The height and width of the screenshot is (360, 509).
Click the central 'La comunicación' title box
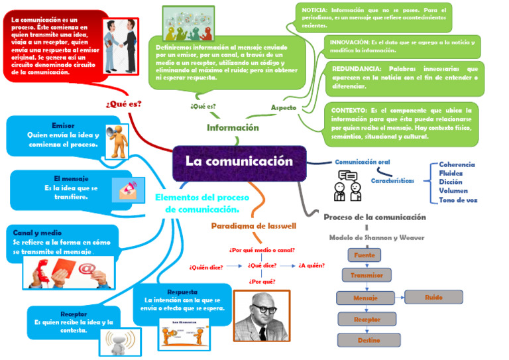(x=239, y=162)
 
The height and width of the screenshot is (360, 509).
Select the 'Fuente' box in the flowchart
(x=365, y=255)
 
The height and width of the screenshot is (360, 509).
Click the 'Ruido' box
(x=434, y=298)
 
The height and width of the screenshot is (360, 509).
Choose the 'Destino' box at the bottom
(x=369, y=340)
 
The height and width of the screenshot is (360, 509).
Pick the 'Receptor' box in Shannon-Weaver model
(x=367, y=320)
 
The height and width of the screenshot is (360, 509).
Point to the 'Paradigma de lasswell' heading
(x=253, y=226)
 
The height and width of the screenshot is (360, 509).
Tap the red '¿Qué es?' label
(x=123, y=104)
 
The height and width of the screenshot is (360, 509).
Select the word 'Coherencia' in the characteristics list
(x=457, y=164)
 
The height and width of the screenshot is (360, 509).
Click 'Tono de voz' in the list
(x=458, y=200)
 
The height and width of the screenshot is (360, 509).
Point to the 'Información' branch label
(x=233, y=127)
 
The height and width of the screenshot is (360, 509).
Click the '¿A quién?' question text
(x=311, y=266)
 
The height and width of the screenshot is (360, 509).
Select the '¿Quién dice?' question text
(x=206, y=267)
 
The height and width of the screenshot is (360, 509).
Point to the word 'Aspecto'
(x=284, y=107)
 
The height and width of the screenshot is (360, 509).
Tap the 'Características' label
(x=392, y=180)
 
